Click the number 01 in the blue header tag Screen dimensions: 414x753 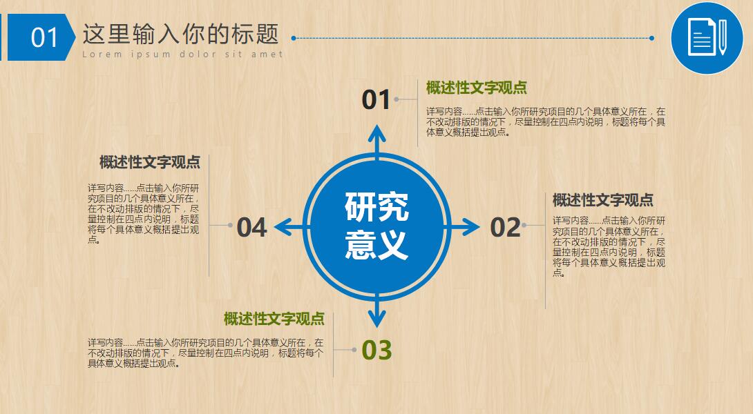click(x=44, y=37)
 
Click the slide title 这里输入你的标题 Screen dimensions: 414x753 click(x=180, y=33)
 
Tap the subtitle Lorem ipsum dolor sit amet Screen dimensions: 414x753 click(x=182, y=55)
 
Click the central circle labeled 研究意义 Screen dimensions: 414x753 click(x=376, y=226)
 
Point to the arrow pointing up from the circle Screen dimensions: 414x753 click(x=376, y=138)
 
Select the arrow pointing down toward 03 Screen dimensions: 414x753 click(x=376, y=314)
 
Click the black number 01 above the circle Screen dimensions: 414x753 click(x=376, y=100)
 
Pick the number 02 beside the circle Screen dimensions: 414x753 click(x=505, y=227)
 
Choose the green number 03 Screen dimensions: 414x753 click(x=376, y=350)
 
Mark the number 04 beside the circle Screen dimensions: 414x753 click(x=251, y=227)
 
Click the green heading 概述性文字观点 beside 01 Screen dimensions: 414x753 click(x=476, y=88)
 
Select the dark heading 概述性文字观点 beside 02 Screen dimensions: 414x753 click(x=602, y=200)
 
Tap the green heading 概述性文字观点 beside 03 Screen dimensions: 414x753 click(x=274, y=319)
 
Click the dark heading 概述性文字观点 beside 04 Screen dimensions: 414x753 click(x=149, y=162)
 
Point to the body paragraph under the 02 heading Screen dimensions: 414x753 click(x=609, y=246)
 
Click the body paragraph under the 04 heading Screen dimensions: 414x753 click(x=144, y=214)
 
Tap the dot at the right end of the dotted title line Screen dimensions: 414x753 click(x=651, y=38)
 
